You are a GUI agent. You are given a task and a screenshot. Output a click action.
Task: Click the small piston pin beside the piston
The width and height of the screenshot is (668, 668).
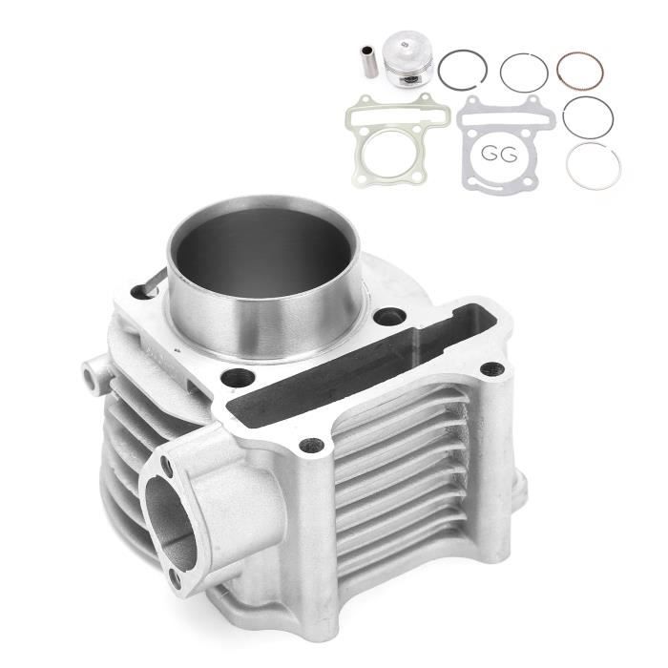pyautogui.click(x=369, y=62)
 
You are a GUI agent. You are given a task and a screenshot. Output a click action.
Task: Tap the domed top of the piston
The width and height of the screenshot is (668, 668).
pyautogui.click(x=406, y=44)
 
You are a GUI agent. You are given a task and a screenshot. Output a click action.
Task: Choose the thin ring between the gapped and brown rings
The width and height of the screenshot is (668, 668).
pyautogui.click(x=524, y=55)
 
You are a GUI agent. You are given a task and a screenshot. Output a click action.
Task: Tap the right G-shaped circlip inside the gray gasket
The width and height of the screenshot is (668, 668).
pyautogui.click(x=509, y=155)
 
